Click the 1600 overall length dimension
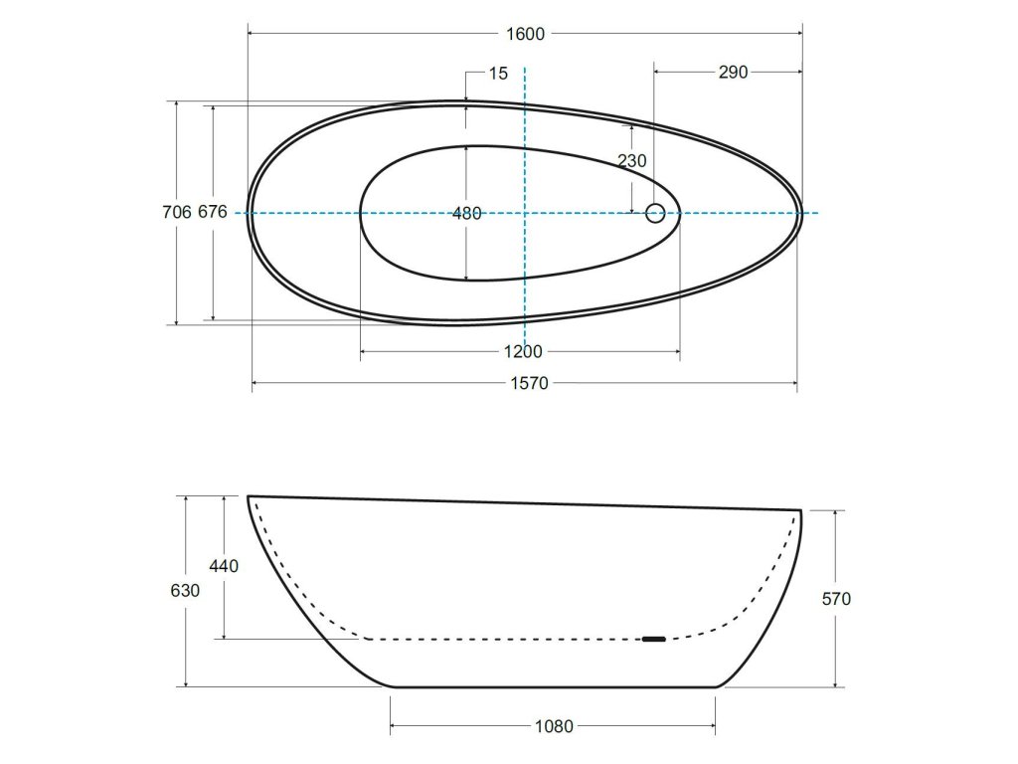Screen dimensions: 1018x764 (525, 34)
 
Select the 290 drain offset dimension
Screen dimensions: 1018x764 (733, 72)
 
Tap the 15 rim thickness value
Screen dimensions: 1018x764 (498, 74)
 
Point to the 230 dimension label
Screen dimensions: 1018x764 (632, 160)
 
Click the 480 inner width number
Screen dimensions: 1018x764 (467, 213)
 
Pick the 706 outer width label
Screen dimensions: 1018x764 (177, 212)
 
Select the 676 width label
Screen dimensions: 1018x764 (213, 212)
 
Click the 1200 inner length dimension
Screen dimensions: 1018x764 (523, 351)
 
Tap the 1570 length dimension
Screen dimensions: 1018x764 (529, 383)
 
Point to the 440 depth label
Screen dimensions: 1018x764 (224, 566)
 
